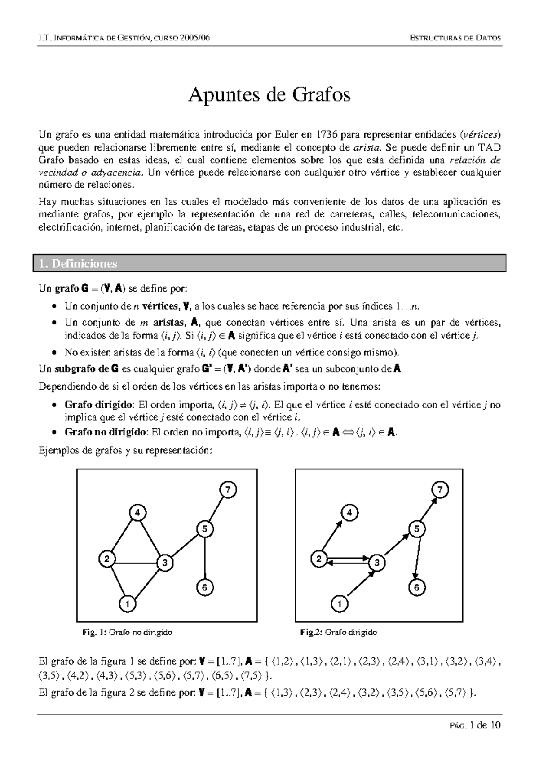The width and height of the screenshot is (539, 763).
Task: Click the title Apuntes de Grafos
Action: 269,95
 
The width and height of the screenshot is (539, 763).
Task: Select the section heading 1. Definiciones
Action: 78,264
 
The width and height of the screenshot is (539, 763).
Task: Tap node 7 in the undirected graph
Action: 228,490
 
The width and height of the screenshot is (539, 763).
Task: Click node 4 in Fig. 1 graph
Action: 137,512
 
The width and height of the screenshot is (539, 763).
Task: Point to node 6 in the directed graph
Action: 417,587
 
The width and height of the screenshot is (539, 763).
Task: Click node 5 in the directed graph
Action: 416,529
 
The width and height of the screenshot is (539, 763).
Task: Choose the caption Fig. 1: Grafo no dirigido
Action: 127,633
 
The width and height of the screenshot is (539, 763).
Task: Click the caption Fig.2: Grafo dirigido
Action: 338,633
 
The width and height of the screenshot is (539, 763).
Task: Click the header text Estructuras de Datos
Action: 455,38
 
